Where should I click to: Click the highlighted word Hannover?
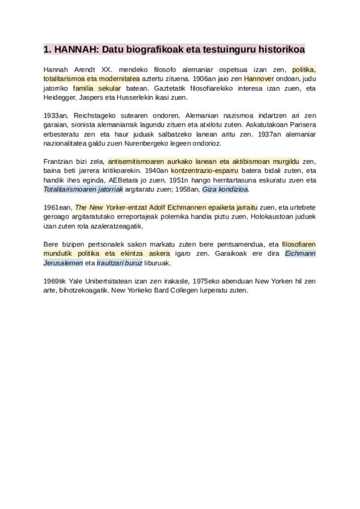[x=259, y=79]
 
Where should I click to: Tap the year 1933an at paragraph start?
[x=56, y=115]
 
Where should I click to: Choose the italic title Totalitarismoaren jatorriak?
[x=83, y=189]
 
